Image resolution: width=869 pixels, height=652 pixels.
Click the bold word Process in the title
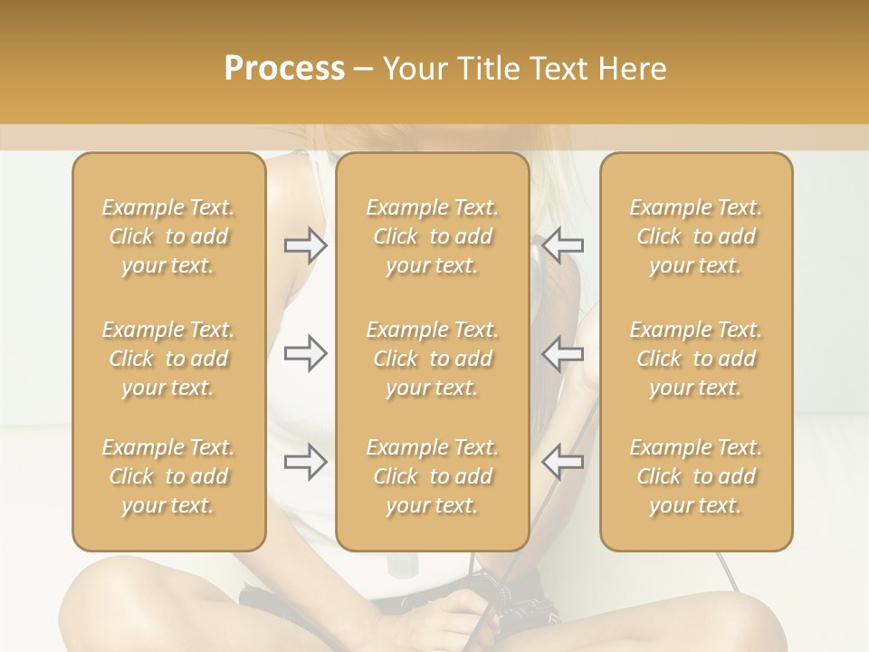(x=284, y=69)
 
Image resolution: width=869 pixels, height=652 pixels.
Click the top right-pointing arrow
(x=305, y=244)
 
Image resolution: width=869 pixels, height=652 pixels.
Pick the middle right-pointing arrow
(x=305, y=353)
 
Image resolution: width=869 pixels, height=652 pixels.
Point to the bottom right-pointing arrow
(x=305, y=462)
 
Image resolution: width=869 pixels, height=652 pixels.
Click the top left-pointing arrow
(x=563, y=244)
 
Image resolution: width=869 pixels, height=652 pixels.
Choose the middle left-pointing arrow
(x=563, y=353)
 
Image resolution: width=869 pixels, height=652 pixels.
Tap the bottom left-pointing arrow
(x=563, y=462)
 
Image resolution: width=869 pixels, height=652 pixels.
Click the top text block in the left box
(x=168, y=236)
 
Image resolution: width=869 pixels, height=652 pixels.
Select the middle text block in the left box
(x=168, y=359)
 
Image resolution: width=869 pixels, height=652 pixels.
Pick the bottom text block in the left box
(x=168, y=476)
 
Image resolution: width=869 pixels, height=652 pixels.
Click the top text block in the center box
(x=432, y=236)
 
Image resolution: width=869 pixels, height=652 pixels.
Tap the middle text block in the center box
(x=432, y=359)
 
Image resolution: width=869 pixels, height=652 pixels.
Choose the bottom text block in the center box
(x=432, y=476)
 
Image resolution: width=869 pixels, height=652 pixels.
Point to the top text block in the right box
(x=695, y=236)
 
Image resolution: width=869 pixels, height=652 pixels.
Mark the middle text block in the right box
(x=695, y=359)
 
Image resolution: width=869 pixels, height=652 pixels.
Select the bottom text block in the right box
(x=695, y=476)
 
